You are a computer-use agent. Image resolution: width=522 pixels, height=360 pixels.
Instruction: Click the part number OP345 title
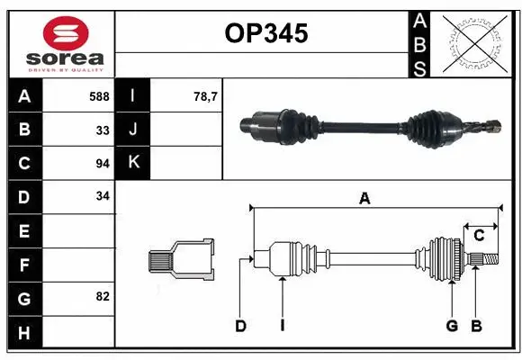click(265, 34)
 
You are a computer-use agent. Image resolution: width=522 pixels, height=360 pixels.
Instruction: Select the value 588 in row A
click(99, 95)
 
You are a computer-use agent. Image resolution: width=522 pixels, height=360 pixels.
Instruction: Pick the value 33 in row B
click(102, 130)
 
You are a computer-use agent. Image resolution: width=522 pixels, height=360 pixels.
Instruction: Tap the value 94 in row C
click(102, 164)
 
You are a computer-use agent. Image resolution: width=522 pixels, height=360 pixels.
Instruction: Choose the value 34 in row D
click(102, 197)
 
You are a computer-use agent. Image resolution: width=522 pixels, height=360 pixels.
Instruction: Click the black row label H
click(23, 334)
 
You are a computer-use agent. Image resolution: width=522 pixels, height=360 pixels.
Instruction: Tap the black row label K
click(133, 163)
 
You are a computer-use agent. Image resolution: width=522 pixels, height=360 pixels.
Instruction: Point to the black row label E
click(23, 231)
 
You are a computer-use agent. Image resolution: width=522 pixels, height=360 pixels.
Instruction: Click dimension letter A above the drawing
click(364, 199)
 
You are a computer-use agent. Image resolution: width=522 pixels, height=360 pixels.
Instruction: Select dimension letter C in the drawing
click(479, 236)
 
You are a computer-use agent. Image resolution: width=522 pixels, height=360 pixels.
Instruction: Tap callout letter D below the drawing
click(240, 327)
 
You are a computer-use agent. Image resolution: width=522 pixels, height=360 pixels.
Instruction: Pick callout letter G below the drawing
click(452, 327)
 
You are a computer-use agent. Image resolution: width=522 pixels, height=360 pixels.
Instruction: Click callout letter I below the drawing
click(282, 327)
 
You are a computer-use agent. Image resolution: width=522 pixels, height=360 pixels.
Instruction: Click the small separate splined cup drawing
click(182, 260)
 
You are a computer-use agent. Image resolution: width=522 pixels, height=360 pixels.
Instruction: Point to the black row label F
click(23, 265)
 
